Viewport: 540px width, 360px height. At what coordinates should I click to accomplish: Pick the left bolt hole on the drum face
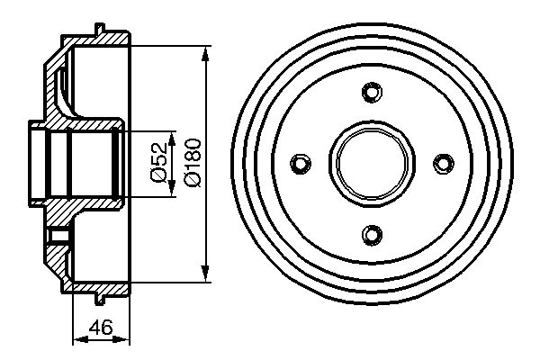[299, 163]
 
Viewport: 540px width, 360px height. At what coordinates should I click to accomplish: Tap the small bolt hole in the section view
[59, 237]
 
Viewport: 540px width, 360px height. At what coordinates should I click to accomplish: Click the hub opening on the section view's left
[36, 163]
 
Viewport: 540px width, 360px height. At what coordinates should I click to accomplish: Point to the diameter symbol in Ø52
[157, 179]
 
